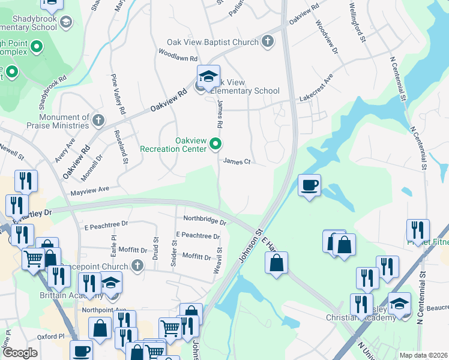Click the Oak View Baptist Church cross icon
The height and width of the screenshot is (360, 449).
268,41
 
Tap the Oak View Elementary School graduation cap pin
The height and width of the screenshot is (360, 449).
208,76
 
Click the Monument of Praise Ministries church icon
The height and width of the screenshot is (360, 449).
98,121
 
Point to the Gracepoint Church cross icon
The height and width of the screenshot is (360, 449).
137,265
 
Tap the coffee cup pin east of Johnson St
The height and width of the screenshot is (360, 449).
309,185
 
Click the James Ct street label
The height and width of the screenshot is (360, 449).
236,161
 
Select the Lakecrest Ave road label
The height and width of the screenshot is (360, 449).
316,89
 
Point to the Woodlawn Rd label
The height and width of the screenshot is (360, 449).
178,58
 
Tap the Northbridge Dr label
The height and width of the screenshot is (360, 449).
205,220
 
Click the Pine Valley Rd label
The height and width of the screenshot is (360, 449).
118,95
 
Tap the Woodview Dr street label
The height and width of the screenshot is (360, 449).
325,40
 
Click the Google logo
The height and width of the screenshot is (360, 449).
20,352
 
